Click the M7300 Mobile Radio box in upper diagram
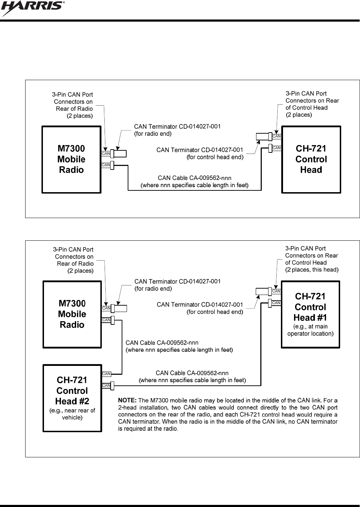[71, 159]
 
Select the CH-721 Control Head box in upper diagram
[311, 159]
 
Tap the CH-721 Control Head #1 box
[310, 314]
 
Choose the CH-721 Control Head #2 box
[72, 397]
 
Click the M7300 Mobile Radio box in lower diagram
[72, 314]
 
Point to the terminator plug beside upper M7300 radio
[120, 154]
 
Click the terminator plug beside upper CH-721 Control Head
[263, 136]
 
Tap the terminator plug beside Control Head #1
[263, 291]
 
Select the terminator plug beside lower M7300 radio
[120, 308]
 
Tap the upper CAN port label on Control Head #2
[106, 374]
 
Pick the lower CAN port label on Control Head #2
[106, 385]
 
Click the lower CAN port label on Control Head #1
[276, 303]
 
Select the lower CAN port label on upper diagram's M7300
[106, 165]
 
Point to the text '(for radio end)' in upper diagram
[153, 134]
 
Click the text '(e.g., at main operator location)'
[310, 330]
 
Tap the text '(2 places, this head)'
[312, 270]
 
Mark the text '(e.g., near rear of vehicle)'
[72, 414]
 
